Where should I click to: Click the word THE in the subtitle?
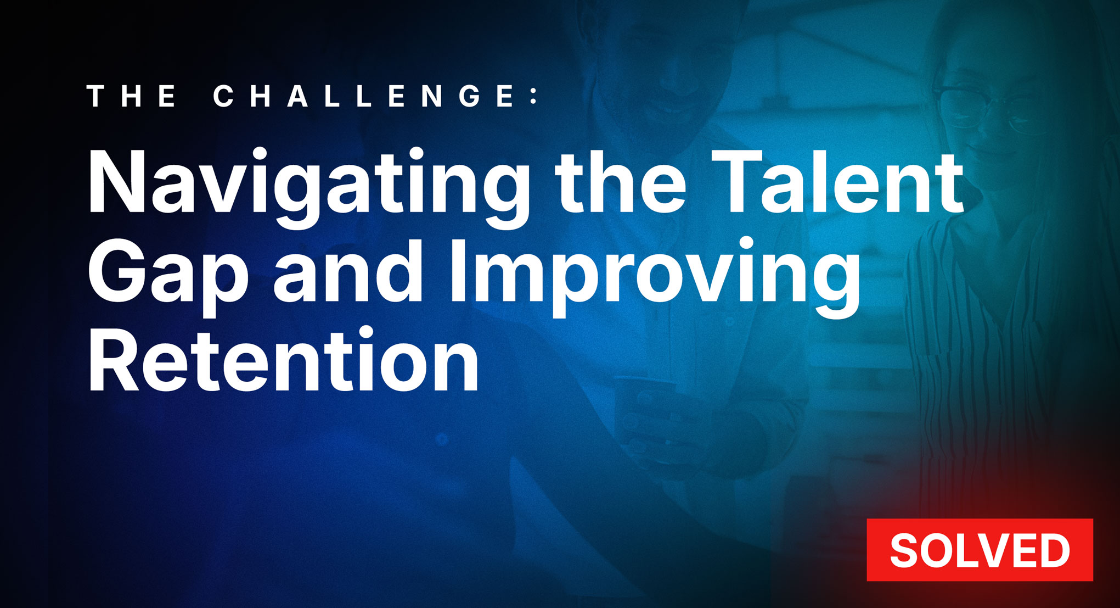pos(132,96)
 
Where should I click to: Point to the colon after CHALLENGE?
pos(534,97)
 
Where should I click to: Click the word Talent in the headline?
pos(837,181)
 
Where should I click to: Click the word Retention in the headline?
pos(283,360)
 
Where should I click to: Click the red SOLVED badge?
pos(980,550)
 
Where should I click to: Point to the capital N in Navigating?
pos(116,182)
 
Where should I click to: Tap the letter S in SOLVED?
pos(905,550)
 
